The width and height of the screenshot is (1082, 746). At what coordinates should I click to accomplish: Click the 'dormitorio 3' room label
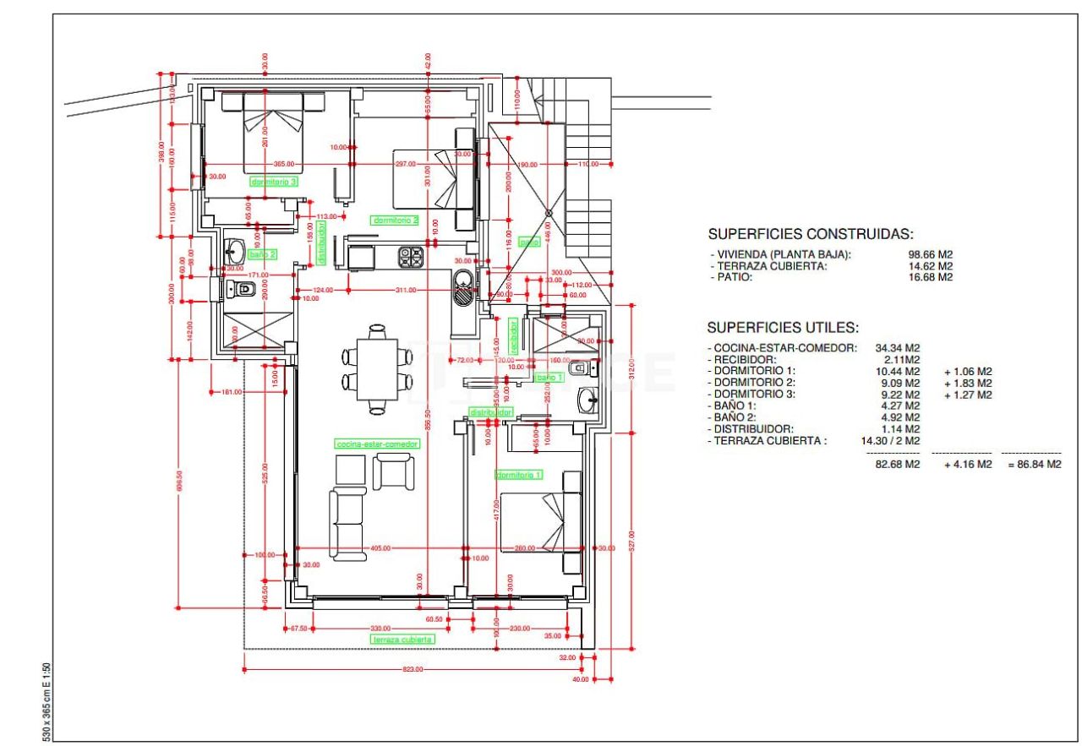coord(275,181)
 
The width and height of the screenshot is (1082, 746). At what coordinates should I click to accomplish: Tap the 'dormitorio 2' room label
coord(396,220)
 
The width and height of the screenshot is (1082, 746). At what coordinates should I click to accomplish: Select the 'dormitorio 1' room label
coord(518,476)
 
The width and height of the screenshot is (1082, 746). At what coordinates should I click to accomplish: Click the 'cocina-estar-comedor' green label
coord(376,444)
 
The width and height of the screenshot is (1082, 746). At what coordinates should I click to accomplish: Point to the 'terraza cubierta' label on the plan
coord(403,640)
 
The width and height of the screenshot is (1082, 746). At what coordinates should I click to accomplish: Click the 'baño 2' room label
coord(263,253)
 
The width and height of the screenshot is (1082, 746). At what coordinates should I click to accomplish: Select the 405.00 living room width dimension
coord(380,548)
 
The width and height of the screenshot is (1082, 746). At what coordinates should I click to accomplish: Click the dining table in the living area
coord(377,369)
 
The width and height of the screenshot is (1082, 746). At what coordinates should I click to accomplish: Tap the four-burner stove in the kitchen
coord(411,257)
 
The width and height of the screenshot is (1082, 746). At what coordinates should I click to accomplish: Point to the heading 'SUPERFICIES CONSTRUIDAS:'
coord(810,235)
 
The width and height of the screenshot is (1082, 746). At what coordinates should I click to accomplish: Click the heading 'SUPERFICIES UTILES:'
coord(783,328)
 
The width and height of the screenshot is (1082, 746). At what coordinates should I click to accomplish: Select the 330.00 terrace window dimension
coord(380,628)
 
